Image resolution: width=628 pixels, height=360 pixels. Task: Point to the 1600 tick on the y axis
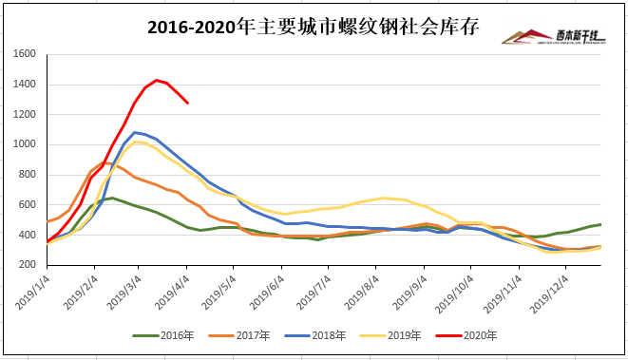coord(25,54)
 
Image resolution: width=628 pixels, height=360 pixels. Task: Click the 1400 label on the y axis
coord(25,85)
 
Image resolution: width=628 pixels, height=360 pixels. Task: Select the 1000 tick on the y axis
coord(25,144)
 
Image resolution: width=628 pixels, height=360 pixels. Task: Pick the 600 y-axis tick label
coord(29,204)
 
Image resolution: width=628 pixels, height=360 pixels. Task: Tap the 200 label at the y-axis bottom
coord(29,264)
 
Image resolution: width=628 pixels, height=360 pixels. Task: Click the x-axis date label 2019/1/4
coord(31,292)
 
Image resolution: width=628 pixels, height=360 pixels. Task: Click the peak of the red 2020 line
coord(156,80)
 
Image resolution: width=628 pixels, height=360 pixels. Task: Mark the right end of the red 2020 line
coord(188,103)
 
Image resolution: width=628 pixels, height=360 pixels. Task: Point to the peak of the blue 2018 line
coord(135,132)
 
